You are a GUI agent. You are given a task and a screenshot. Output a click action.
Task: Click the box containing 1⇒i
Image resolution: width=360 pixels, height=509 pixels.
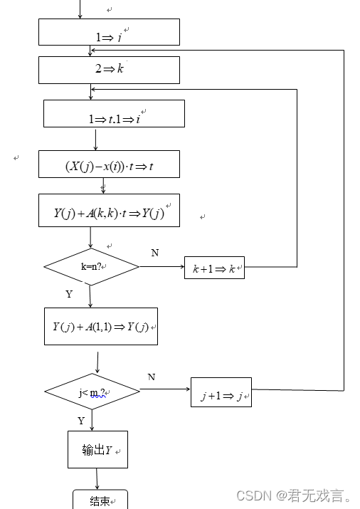[x=109, y=32]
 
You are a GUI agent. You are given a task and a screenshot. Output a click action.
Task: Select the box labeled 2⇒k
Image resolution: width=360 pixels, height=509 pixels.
[x=109, y=70]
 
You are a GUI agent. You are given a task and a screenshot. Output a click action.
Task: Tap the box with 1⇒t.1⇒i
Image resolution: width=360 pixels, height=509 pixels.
[x=114, y=114]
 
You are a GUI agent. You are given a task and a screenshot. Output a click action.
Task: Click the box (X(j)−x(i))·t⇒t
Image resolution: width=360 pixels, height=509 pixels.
[x=109, y=164]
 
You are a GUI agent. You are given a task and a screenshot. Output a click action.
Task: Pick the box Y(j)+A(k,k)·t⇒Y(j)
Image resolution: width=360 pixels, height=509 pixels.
[x=109, y=211]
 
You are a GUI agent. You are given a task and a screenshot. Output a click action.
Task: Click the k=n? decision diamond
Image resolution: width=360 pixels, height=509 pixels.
[x=91, y=267]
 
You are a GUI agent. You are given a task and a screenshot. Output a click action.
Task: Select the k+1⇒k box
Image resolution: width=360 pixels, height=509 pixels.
[x=214, y=268]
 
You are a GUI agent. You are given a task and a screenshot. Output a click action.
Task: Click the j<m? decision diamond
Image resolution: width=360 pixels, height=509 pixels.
[x=92, y=392]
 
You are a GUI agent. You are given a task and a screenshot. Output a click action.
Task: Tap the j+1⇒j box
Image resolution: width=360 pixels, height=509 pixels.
[x=221, y=392]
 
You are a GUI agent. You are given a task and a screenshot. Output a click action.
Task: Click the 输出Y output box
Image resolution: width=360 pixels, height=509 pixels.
[x=97, y=450]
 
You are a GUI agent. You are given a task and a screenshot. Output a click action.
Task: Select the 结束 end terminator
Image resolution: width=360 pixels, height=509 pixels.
[x=100, y=500]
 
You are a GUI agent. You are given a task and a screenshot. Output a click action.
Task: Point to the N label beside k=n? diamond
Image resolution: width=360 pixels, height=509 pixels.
[x=154, y=253]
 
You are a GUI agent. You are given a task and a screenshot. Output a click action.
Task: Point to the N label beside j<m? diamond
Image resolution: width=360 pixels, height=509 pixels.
[x=151, y=377]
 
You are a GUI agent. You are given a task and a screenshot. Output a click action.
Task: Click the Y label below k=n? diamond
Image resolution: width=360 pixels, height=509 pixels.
[x=69, y=294]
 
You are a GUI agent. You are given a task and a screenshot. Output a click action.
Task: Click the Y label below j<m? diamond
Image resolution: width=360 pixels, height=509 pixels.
[x=81, y=421]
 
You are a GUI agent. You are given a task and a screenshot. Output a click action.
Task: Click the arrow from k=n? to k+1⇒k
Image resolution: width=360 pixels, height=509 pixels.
[x=162, y=268]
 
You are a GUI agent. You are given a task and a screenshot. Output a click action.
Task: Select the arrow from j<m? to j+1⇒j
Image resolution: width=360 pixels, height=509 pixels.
[x=164, y=390]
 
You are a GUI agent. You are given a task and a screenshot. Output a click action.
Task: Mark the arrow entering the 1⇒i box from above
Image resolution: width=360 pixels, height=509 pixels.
[x=80, y=9]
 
